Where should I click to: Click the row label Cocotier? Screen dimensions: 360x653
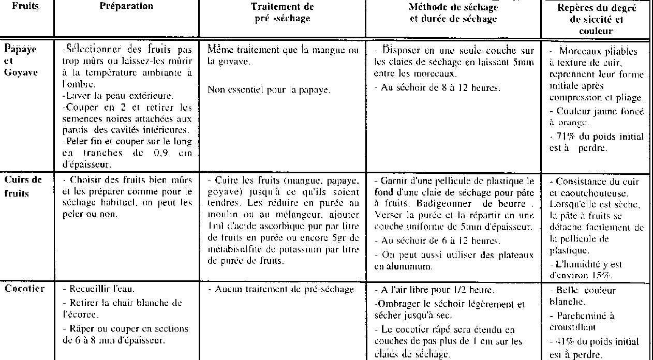point(24,289)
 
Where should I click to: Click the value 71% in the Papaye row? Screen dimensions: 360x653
point(566,137)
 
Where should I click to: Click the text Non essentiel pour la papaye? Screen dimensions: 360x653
point(269,89)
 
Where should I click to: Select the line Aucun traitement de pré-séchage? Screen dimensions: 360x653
point(283,290)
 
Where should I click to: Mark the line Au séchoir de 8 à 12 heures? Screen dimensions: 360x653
point(439,87)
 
